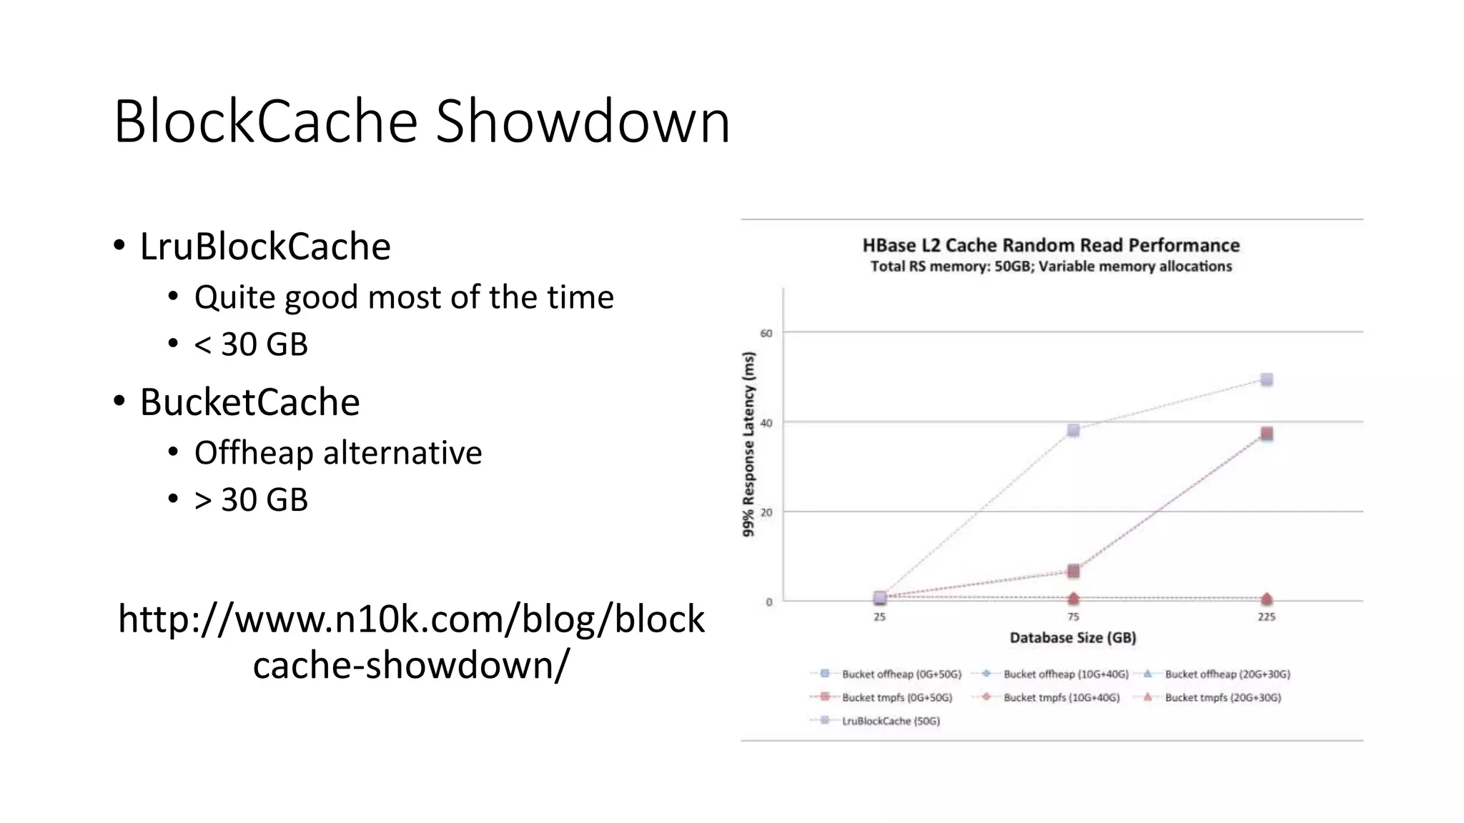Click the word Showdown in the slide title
tap(583, 121)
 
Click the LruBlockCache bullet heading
tap(264, 246)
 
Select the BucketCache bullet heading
tap(249, 402)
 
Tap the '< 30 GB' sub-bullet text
tap(251, 344)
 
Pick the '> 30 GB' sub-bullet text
tap(251, 499)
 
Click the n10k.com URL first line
tap(411, 619)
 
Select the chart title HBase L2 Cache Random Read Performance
tap(1051, 246)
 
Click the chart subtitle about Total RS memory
tap(1051, 266)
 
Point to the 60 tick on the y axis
tap(766, 333)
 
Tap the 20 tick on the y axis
tap(766, 512)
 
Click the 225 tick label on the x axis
tap(1266, 617)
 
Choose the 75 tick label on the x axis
tap(1073, 617)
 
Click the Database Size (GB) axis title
tap(1072, 637)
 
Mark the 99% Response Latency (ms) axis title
tap(748, 444)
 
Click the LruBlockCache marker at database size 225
tap(1267, 379)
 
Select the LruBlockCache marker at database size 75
tap(1073, 430)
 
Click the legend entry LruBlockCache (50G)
tap(891, 721)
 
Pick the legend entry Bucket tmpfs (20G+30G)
tap(1222, 697)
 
